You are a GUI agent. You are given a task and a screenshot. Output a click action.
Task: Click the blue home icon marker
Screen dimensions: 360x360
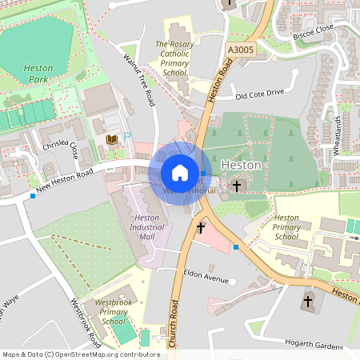tap(180, 173)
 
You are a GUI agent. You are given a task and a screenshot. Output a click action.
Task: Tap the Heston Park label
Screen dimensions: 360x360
tap(34, 74)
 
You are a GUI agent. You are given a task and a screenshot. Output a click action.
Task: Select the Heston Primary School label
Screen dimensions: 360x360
tap(286, 227)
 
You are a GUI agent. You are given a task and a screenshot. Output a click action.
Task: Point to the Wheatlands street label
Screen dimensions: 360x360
tap(338, 135)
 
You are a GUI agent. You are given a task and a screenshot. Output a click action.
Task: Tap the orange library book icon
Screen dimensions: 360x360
tap(111, 140)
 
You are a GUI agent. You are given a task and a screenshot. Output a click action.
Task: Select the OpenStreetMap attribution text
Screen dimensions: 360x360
tap(80, 354)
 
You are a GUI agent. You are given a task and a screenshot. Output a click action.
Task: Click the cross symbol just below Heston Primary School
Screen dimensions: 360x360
tap(308, 302)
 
